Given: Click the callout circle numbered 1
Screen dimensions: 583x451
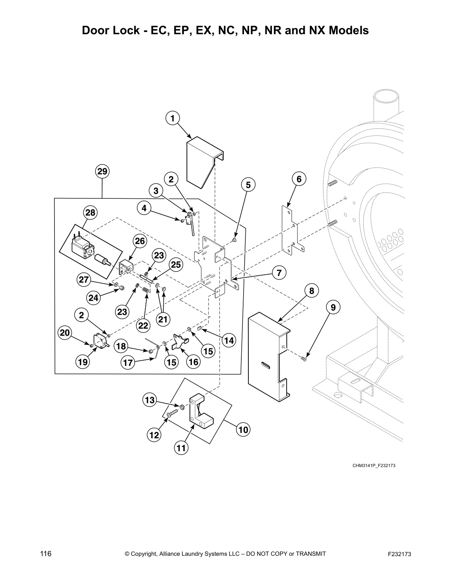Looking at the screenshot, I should click(172, 118).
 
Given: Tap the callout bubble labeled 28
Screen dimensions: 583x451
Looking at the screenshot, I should click(90, 212).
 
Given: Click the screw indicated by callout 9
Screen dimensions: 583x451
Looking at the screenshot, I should click(304, 358).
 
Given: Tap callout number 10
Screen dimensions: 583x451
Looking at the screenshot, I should click(243, 430).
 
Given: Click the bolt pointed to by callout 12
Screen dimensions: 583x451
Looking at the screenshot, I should click(171, 414).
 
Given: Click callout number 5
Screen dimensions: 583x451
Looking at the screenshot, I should click(248, 185).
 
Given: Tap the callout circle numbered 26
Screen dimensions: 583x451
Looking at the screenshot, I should click(140, 241).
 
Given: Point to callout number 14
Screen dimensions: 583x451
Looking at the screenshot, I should click(229, 341).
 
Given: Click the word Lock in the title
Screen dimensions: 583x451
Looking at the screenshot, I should click(127, 30).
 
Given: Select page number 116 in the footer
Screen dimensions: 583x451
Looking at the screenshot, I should click(46, 554).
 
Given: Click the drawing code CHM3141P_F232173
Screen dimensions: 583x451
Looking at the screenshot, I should click(374, 466).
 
